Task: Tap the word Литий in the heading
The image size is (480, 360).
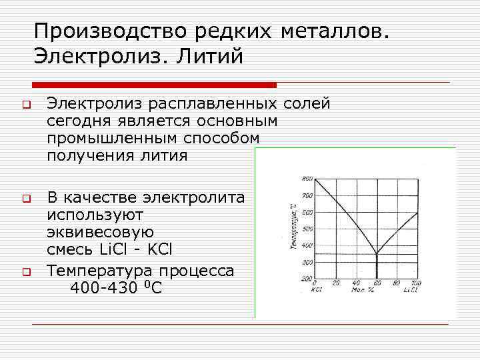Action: tap(211, 56)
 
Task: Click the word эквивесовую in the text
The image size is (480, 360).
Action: tap(100, 233)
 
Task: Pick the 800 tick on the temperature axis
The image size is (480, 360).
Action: tap(307, 179)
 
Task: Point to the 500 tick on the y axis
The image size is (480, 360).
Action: tap(307, 229)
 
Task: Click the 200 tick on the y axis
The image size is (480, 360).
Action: tap(307, 279)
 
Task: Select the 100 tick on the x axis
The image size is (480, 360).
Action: tap(417, 284)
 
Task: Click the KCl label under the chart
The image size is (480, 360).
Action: tap(317, 291)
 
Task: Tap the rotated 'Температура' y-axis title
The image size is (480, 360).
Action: tap(293, 230)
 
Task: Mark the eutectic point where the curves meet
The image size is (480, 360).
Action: tap(377, 253)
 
